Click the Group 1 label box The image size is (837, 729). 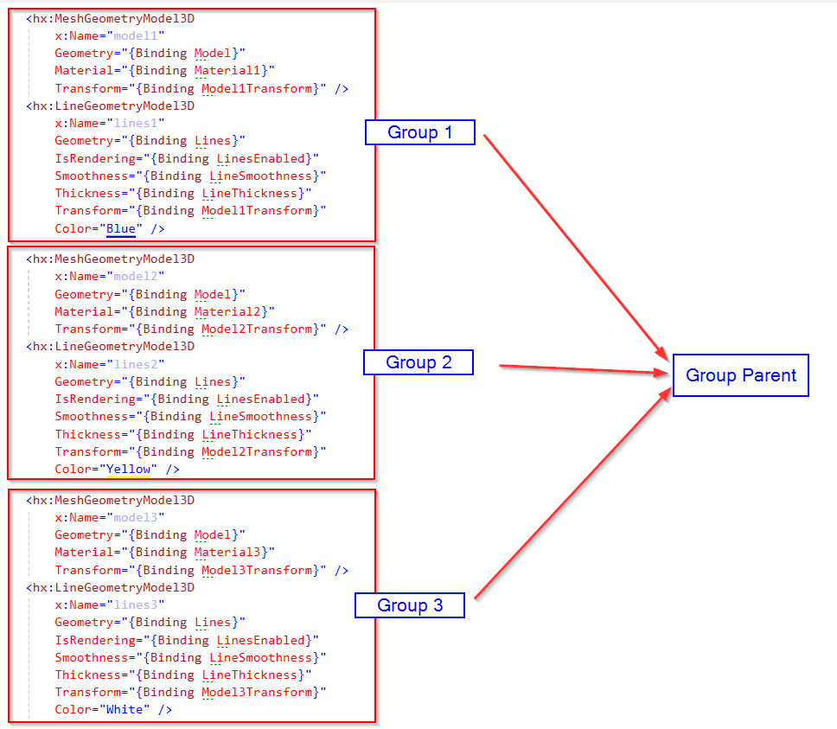pos(419,132)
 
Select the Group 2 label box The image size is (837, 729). pos(418,362)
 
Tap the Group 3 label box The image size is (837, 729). pos(410,605)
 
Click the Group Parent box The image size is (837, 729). pos(740,375)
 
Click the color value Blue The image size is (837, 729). pos(120,228)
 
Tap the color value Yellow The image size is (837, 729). pos(127,469)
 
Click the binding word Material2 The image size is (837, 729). pos(231,311)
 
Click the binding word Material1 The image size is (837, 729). pos(231,70)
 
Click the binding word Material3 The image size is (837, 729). pos(231,552)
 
